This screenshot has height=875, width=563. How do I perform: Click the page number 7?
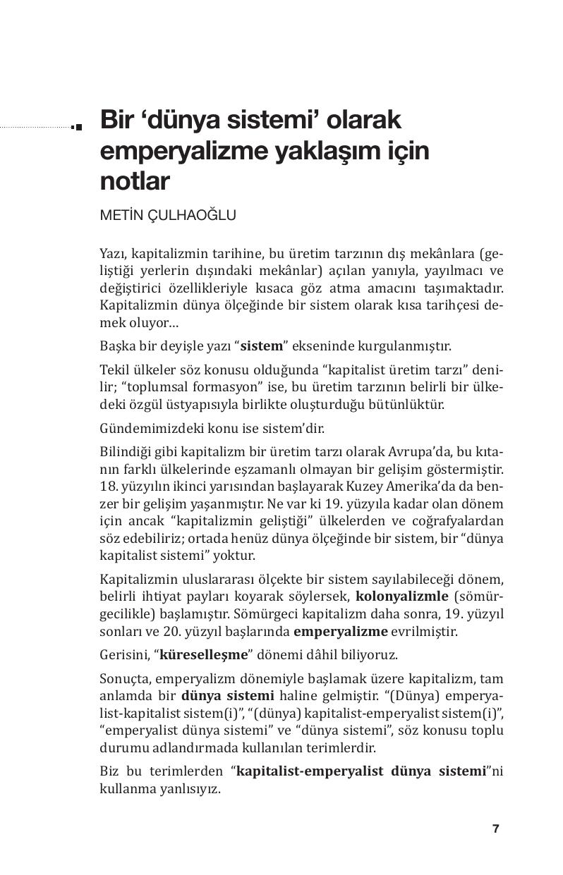pos(496,828)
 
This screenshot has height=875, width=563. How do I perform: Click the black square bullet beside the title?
pos(77,127)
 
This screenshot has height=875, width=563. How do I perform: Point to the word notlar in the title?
pos(135,181)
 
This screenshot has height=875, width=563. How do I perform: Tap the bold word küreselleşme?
pos(204,654)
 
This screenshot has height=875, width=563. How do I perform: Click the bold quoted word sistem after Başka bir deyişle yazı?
pos(262,346)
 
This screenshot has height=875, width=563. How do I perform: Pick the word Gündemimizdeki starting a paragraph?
pos(147,428)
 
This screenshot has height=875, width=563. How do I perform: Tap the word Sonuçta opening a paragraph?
pos(124,678)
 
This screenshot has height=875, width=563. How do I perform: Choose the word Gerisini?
pos(123,654)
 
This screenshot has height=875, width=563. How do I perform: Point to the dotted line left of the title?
pos(35,128)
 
